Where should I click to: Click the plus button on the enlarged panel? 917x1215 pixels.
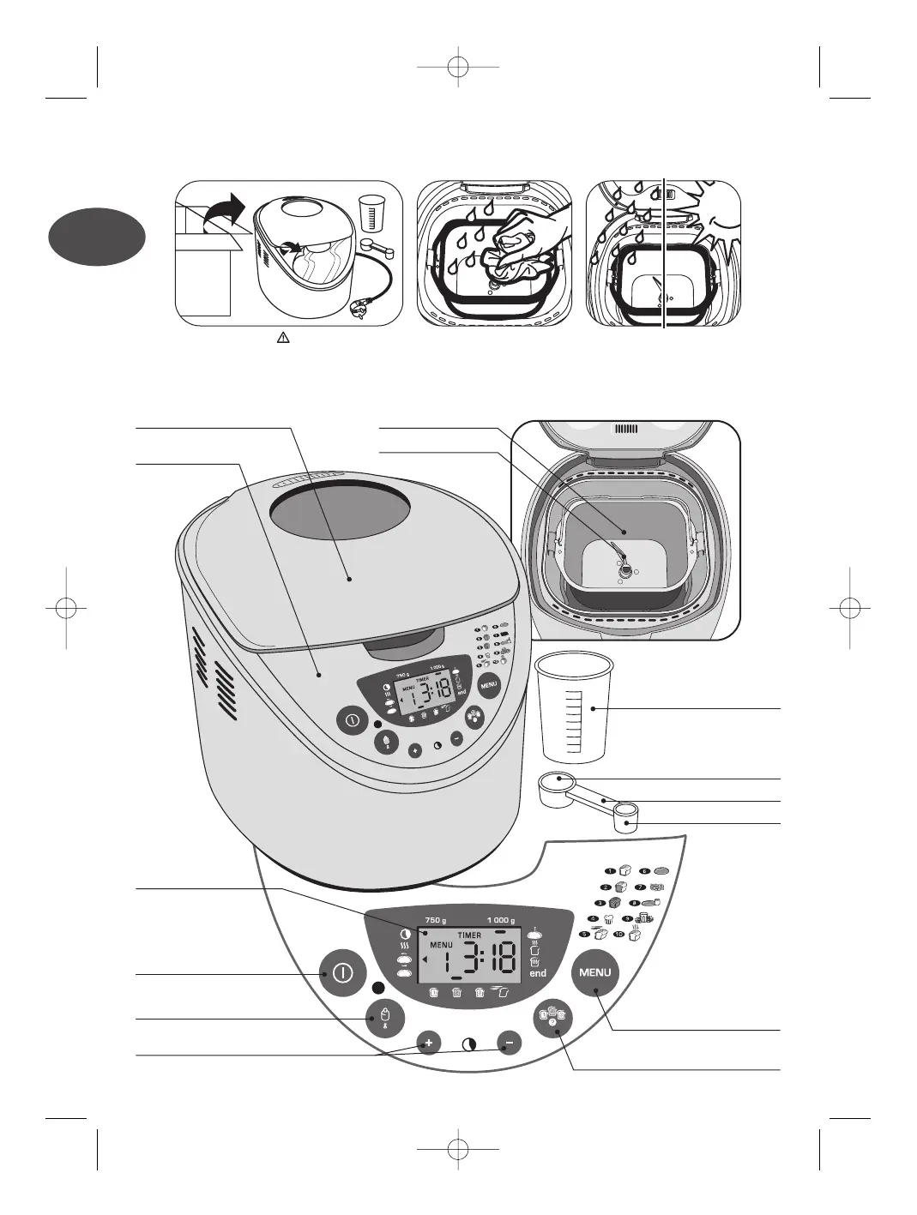[429, 1044]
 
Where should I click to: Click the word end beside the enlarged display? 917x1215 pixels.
[538, 973]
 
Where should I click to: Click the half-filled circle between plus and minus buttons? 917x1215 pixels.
[469, 1045]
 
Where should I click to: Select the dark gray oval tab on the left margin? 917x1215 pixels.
[96, 237]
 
